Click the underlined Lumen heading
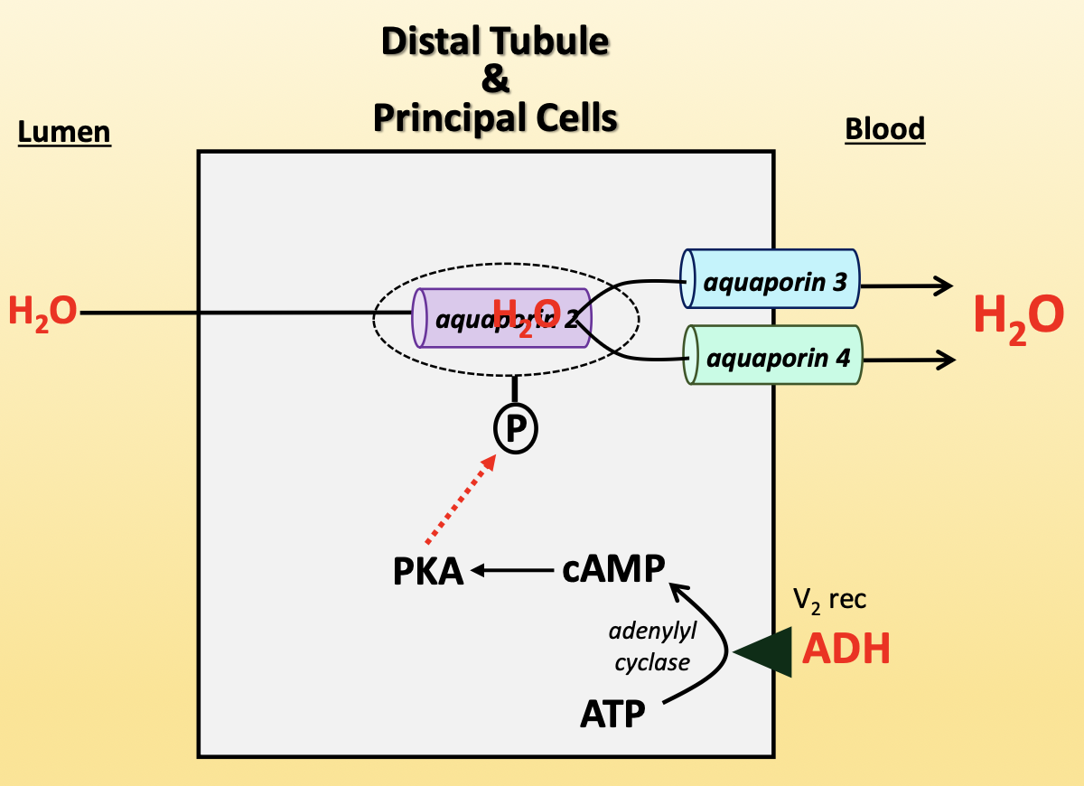pyautogui.click(x=64, y=133)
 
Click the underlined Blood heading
pyautogui.click(x=884, y=129)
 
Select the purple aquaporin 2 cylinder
pyautogui.click(x=452, y=317)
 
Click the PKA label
pyautogui.click(x=428, y=572)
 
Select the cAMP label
pyautogui.click(x=612, y=569)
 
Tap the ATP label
pyautogui.click(x=612, y=715)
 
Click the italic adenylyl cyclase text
pyautogui.click(x=652, y=647)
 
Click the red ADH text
pyautogui.click(x=846, y=649)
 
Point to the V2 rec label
pyautogui.click(x=829, y=599)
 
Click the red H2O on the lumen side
pyautogui.click(x=42, y=313)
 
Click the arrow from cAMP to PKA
pyautogui.click(x=511, y=570)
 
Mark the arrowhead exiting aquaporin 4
pyautogui.click(x=946, y=360)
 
